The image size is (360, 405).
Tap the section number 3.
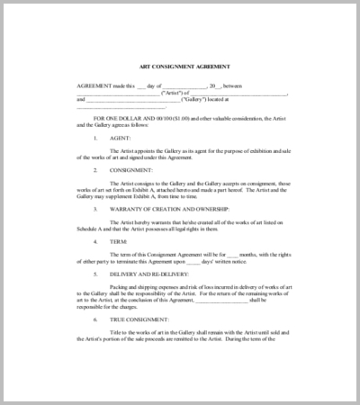tap(96, 210)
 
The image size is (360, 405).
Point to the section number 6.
tap(96, 321)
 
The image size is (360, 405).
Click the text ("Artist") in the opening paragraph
tap(173, 92)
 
